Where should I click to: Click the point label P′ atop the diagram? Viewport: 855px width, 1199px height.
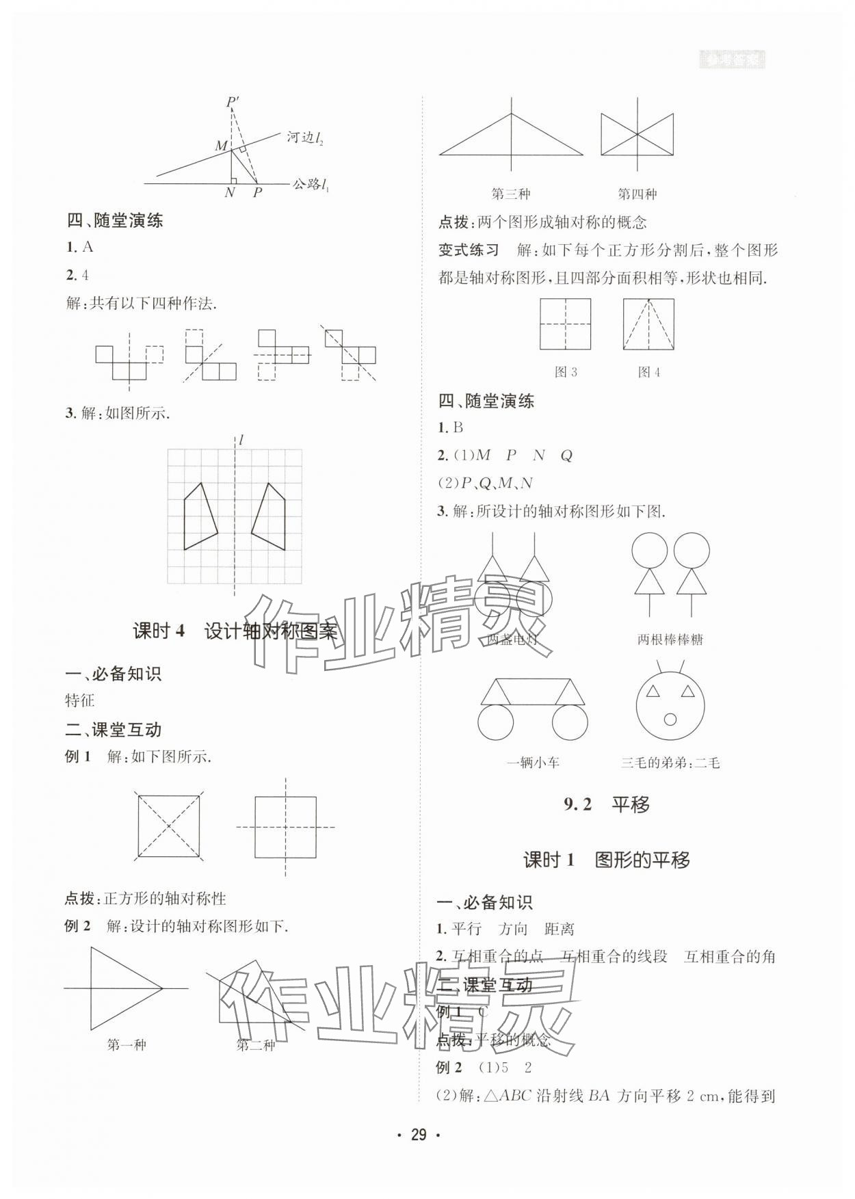(x=233, y=103)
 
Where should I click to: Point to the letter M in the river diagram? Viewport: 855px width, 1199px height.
(x=221, y=146)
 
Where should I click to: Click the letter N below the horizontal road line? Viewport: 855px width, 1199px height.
(x=230, y=193)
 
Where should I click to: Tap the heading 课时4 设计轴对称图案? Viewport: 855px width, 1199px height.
(x=235, y=631)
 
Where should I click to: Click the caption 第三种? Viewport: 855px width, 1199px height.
(x=511, y=194)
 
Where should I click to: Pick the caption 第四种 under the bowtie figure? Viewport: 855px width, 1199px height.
(x=637, y=194)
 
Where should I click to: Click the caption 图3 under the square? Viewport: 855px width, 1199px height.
(x=566, y=372)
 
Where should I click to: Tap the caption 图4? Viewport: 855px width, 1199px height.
(x=648, y=372)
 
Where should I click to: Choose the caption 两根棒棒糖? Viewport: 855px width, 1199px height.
(x=670, y=640)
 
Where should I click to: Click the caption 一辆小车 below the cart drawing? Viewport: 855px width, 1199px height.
(x=533, y=763)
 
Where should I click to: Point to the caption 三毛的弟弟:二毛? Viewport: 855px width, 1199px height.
(x=670, y=763)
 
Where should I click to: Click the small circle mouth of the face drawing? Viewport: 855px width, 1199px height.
(x=670, y=719)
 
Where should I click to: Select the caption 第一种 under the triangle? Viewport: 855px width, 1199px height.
(x=127, y=1045)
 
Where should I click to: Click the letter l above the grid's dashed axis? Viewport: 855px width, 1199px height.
(x=241, y=440)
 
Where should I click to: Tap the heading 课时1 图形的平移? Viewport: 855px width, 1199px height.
(x=607, y=860)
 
